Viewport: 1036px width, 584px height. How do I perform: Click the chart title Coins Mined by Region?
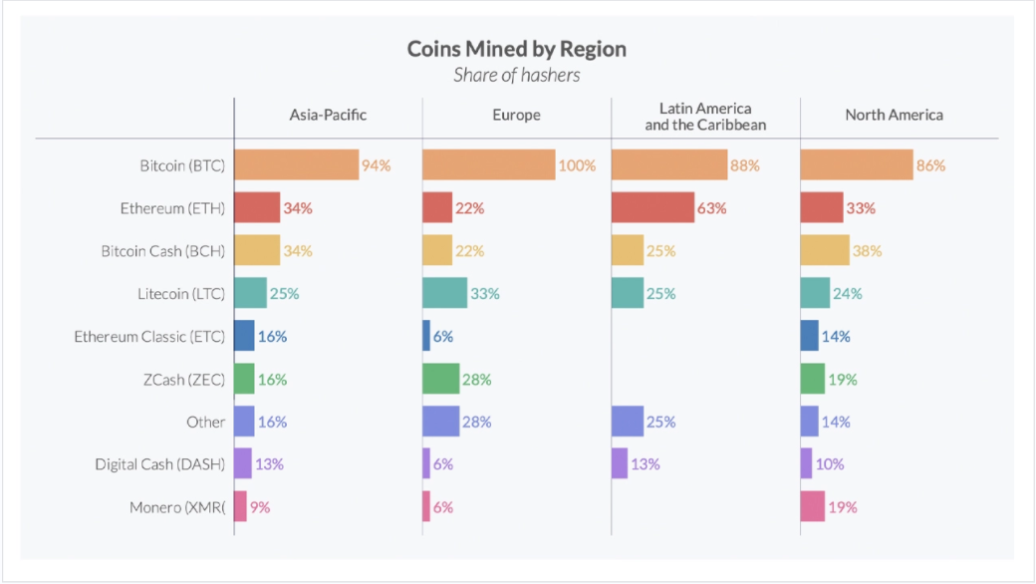coord(516,49)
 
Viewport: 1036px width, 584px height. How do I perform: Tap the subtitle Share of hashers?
coord(516,75)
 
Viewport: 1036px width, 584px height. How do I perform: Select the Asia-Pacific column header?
coord(328,115)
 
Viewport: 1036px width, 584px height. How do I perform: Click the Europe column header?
coord(516,115)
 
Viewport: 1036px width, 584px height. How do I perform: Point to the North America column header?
coord(894,115)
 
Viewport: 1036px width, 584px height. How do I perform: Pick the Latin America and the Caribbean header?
coord(705,116)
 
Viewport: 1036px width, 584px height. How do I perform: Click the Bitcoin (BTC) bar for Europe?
coord(488,165)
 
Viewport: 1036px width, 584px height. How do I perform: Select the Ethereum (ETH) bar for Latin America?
coord(652,208)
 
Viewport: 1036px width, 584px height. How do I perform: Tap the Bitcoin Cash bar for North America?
coord(825,251)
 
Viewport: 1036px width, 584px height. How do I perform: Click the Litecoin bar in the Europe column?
coord(444,294)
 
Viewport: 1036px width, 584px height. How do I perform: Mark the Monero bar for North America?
coord(813,507)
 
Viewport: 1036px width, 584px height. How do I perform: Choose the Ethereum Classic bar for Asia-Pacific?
coord(244,337)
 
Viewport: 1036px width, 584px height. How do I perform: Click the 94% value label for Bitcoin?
coord(377,165)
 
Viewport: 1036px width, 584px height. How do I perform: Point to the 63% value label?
coord(712,208)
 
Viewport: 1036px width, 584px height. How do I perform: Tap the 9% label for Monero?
coord(260,507)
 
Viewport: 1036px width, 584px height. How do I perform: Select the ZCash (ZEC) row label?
coord(184,380)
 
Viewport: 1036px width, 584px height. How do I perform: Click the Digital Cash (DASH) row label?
coord(159,464)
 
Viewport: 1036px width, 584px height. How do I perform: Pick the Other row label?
coord(205,422)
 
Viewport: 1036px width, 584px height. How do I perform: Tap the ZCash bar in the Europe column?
coord(440,380)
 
